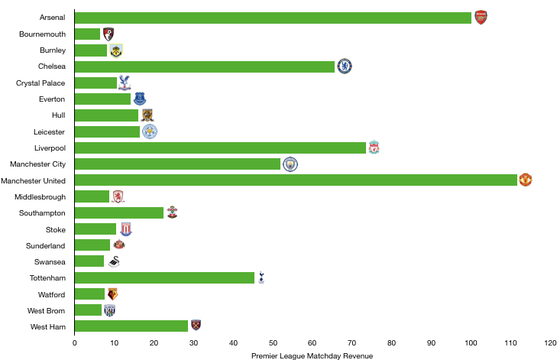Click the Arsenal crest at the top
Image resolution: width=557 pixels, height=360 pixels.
pos(481,18)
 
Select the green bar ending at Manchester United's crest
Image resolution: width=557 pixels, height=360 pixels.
pos(296,180)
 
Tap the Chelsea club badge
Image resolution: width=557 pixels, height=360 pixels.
pos(345,66)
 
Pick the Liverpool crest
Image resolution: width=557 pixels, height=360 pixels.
pos(374,148)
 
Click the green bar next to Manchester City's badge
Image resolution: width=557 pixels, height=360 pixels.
pos(177,164)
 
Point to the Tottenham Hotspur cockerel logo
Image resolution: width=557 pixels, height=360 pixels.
pos(261,277)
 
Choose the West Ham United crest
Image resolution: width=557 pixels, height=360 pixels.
pos(196,326)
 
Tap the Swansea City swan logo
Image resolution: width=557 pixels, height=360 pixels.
pos(114,261)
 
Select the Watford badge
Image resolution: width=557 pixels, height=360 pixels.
pos(112,294)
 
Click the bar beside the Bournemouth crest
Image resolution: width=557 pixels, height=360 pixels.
pos(87,34)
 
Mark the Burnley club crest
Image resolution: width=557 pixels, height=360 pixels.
pos(115,51)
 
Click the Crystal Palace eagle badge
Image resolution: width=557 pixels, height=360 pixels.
pos(125,83)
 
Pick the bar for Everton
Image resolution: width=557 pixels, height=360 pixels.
pos(102,99)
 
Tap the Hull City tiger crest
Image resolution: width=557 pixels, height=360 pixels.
pos(147,115)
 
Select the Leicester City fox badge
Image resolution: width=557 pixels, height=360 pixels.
pos(150,131)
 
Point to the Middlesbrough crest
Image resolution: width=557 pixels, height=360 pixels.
pos(118,196)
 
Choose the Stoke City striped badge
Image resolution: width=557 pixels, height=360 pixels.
pos(126,229)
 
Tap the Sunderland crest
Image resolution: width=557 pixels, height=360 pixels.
pos(119,244)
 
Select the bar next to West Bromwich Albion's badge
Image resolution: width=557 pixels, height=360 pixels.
pos(88,310)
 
